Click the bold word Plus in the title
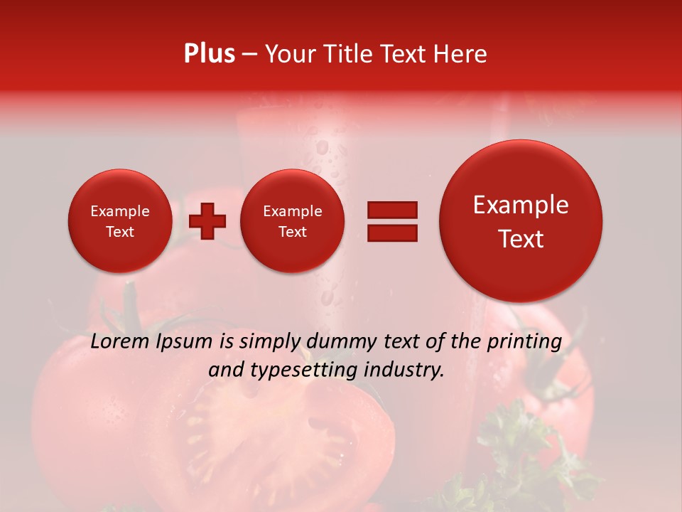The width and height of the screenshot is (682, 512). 209,54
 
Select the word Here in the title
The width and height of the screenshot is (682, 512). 460,54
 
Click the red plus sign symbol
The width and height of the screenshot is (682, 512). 207,221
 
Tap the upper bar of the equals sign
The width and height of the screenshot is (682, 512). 391,209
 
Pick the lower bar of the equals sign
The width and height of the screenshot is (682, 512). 391,233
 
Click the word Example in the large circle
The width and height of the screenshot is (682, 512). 521,206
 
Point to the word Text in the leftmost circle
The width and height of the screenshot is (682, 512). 120,232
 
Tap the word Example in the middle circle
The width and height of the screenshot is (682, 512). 293,211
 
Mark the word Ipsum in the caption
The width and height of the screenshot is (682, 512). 184,341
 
